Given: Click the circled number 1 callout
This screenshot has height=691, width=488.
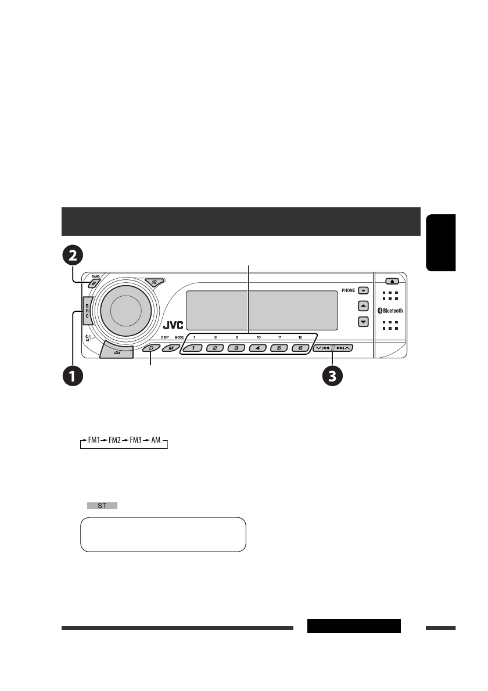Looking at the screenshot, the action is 73,376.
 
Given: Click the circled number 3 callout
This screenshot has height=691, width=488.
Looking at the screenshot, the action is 332,376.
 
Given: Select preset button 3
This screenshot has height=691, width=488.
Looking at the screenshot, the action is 236,348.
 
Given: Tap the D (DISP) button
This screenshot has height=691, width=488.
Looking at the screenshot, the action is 152,348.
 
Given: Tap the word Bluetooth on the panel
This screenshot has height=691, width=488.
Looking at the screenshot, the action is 392,310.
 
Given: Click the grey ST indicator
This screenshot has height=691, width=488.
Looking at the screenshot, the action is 102,506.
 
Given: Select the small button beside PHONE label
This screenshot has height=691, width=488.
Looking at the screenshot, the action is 363,289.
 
